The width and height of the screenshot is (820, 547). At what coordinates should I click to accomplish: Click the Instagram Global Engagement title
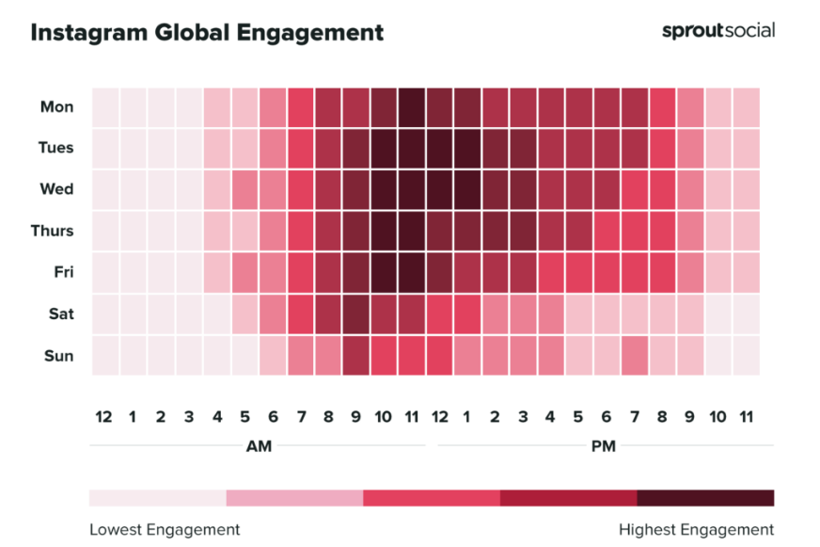tap(207, 33)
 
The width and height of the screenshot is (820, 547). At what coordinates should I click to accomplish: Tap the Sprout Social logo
tap(718, 30)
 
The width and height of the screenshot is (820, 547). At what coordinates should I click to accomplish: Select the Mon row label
tap(56, 106)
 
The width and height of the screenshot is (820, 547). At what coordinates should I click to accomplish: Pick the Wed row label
tap(56, 189)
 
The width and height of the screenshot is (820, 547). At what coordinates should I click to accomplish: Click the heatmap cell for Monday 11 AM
tap(412, 106)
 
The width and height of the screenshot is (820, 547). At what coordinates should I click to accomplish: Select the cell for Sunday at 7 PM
tap(635, 356)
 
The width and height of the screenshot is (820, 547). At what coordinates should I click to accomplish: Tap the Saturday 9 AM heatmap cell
tap(356, 314)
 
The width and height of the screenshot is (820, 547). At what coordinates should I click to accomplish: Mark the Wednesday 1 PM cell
tap(467, 189)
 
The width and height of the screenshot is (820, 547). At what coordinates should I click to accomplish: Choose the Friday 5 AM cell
tap(245, 273)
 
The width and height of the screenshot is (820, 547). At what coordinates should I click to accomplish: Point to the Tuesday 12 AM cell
tap(105, 148)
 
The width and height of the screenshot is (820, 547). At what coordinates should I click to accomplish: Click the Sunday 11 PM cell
tap(746, 356)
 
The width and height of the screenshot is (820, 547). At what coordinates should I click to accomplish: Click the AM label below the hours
tap(259, 446)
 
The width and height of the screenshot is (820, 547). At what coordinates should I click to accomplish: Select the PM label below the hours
tap(604, 446)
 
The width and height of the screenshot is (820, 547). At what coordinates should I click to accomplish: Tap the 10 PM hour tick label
tap(717, 417)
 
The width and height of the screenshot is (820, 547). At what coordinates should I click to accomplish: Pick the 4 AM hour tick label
tap(217, 417)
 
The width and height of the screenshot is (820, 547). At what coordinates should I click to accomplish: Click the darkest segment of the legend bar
tap(705, 497)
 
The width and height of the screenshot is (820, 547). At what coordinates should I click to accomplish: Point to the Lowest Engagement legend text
tap(165, 529)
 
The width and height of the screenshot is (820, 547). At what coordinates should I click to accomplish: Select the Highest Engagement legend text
tap(696, 529)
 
